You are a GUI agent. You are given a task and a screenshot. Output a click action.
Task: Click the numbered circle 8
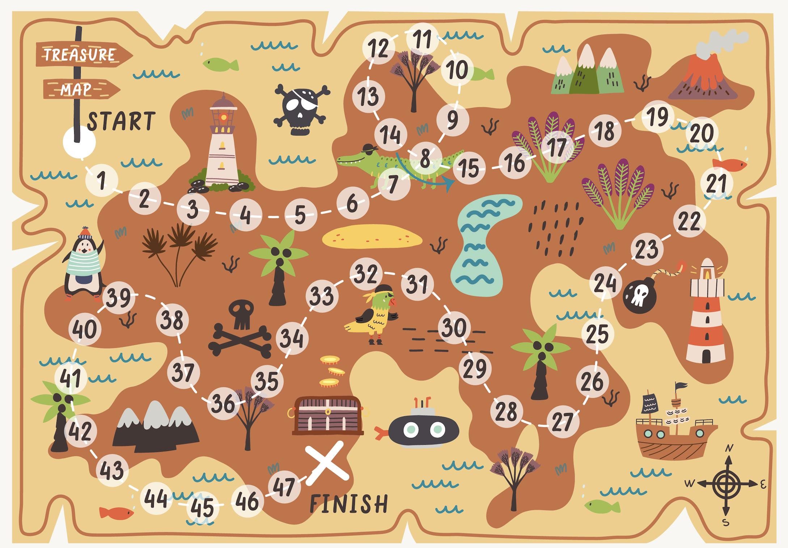(x=425, y=158)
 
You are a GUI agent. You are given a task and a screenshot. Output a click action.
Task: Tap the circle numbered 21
(x=717, y=183)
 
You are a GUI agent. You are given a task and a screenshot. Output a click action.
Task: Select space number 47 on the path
(x=284, y=487)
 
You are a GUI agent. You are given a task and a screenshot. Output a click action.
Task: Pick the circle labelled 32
(x=366, y=274)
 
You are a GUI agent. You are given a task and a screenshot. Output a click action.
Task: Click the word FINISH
(x=349, y=503)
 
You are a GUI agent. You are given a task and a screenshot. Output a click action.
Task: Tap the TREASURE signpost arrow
(x=83, y=55)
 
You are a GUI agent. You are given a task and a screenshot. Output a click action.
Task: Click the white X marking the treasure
(x=327, y=462)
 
